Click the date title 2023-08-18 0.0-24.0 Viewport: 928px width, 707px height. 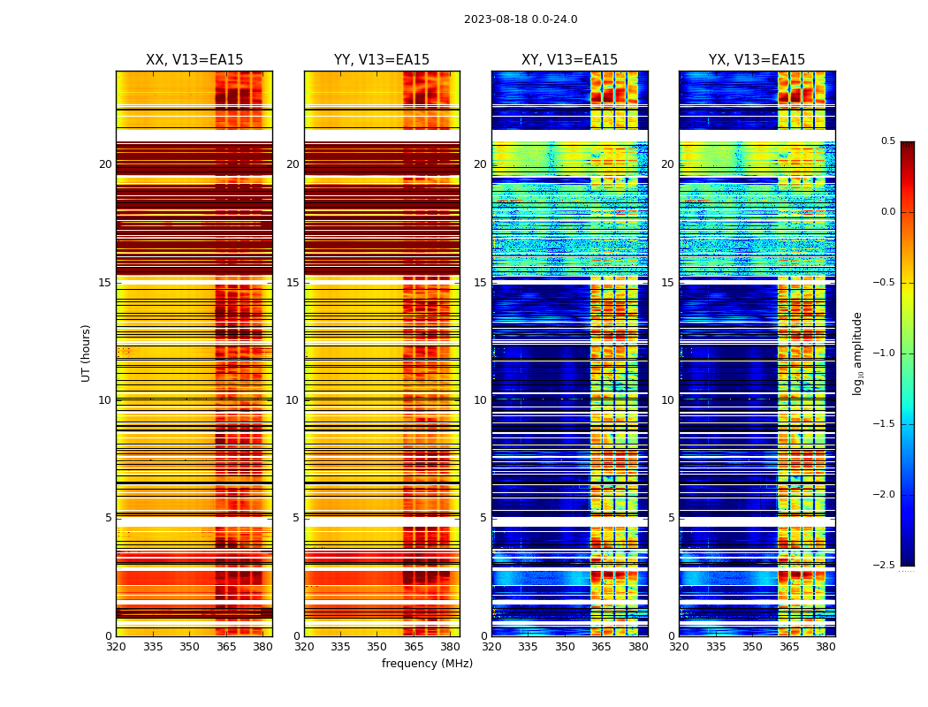click(521, 19)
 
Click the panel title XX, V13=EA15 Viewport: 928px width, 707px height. click(194, 60)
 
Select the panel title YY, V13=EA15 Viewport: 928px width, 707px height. click(382, 60)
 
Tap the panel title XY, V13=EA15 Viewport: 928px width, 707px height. click(569, 60)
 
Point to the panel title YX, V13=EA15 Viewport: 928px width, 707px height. click(757, 60)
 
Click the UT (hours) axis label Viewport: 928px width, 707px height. click(86, 353)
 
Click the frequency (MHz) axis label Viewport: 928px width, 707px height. click(427, 664)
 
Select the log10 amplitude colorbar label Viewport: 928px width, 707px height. click(857, 353)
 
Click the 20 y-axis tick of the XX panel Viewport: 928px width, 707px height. click(105, 164)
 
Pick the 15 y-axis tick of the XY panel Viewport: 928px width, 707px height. click(481, 283)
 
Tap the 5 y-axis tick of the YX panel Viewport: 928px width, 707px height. click(671, 518)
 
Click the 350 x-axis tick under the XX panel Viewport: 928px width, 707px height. click(189, 647)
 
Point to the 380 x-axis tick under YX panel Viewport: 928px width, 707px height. click(825, 647)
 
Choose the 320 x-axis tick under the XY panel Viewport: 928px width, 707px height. click(491, 647)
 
